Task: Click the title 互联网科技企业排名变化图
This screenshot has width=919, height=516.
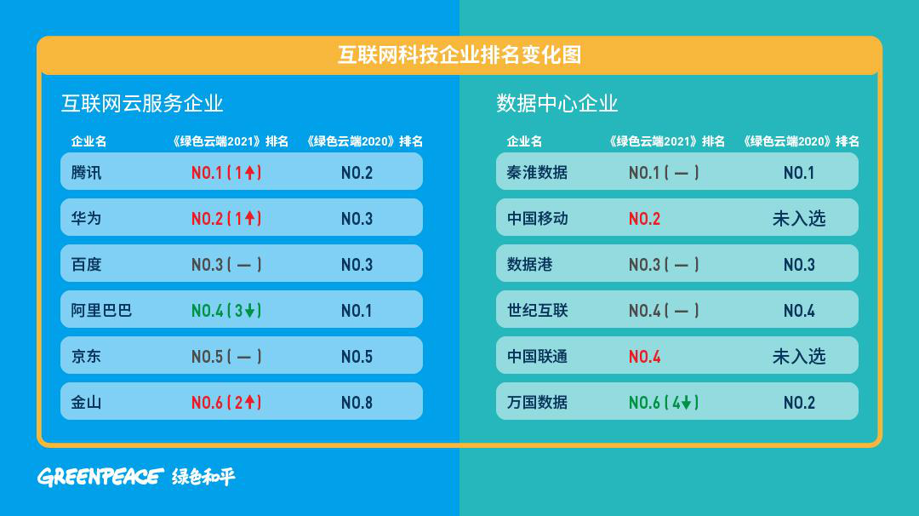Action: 459,55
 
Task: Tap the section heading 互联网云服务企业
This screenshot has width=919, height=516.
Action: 142,104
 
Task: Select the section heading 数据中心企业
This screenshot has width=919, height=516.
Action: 557,104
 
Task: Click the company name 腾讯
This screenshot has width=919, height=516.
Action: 86,172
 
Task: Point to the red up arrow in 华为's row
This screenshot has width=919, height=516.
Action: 250,218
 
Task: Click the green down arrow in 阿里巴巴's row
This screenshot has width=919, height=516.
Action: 250,310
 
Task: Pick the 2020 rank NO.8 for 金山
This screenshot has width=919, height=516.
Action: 357,403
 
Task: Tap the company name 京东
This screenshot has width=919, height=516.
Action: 86,357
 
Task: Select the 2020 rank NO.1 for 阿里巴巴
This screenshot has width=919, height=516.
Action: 357,311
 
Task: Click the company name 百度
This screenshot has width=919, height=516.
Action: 86,265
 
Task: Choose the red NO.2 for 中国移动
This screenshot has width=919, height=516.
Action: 645,219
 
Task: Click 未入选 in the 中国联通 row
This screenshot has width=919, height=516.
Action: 799,357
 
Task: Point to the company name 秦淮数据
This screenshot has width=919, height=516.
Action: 537,172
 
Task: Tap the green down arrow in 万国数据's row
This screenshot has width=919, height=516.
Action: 687,402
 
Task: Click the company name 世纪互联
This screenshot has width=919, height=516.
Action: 538,310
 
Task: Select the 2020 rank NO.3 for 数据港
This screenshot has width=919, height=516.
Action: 799,265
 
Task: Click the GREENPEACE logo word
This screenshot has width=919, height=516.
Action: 100,477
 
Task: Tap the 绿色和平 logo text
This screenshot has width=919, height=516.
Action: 203,477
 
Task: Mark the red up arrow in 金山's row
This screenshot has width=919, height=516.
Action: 250,402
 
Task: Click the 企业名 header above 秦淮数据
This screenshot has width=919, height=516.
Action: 524,141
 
